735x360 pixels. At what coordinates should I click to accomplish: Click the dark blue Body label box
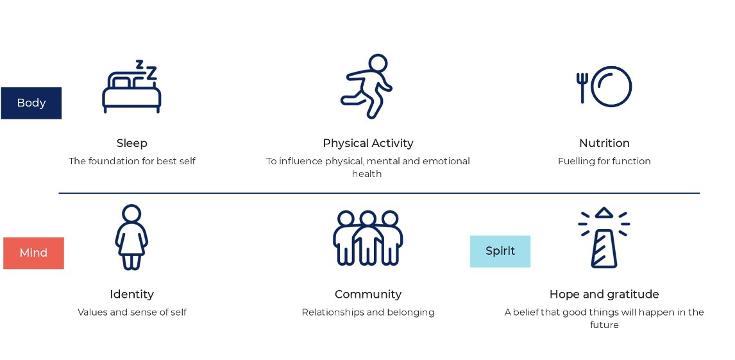click(x=31, y=103)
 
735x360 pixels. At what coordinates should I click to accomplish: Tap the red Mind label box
click(x=33, y=253)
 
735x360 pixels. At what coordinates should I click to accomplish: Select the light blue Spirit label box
click(x=500, y=252)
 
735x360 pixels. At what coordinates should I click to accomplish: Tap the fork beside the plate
click(x=582, y=87)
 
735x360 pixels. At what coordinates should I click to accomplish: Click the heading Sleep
click(x=131, y=143)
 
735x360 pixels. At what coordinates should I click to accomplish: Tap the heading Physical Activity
click(x=368, y=143)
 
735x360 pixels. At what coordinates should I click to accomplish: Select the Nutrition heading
click(x=604, y=143)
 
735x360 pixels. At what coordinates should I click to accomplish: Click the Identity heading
click(x=131, y=295)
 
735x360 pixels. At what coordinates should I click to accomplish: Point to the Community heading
click(x=368, y=295)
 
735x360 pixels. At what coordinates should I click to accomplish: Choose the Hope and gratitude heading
click(x=604, y=295)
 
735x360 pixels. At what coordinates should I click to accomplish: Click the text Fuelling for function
click(x=604, y=161)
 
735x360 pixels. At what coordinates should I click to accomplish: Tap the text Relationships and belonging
click(x=368, y=312)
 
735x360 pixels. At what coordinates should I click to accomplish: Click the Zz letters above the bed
click(x=146, y=69)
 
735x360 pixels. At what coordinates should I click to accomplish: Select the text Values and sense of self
click(x=131, y=312)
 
